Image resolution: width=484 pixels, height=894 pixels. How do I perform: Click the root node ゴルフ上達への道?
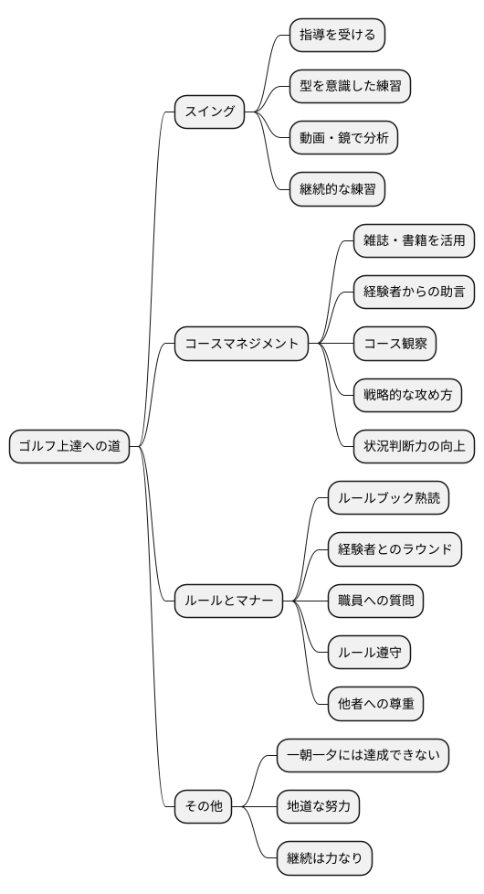(x=69, y=447)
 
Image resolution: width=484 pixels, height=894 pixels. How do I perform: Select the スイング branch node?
(x=210, y=113)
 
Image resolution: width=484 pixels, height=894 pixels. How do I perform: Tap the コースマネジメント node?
(x=241, y=345)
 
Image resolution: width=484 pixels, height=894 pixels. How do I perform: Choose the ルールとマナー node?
(x=228, y=601)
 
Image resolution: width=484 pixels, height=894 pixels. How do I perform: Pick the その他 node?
(x=203, y=806)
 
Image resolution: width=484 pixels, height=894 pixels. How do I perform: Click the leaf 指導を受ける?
(x=336, y=36)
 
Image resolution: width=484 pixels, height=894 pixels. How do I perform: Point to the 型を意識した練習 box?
(x=349, y=87)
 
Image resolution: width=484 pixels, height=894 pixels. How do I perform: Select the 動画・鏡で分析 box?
(x=342, y=138)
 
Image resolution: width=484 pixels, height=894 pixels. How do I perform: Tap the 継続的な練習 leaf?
(x=336, y=189)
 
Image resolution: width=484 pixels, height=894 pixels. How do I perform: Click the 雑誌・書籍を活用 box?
(x=414, y=241)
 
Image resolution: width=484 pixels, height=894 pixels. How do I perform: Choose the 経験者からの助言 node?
(x=414, y=293)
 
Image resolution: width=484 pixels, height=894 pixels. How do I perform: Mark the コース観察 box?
(x=394, y=344)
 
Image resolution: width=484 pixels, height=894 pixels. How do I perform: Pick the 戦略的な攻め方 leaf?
(x=407, y=395)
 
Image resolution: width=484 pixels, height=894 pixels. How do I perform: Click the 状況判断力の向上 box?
(x=414, y=446)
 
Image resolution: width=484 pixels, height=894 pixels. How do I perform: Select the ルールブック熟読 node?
(x=388, y=498)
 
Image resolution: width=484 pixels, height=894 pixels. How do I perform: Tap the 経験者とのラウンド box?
(x=395, y=549)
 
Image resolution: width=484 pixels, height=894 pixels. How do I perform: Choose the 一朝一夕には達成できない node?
(x=363, y=755)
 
